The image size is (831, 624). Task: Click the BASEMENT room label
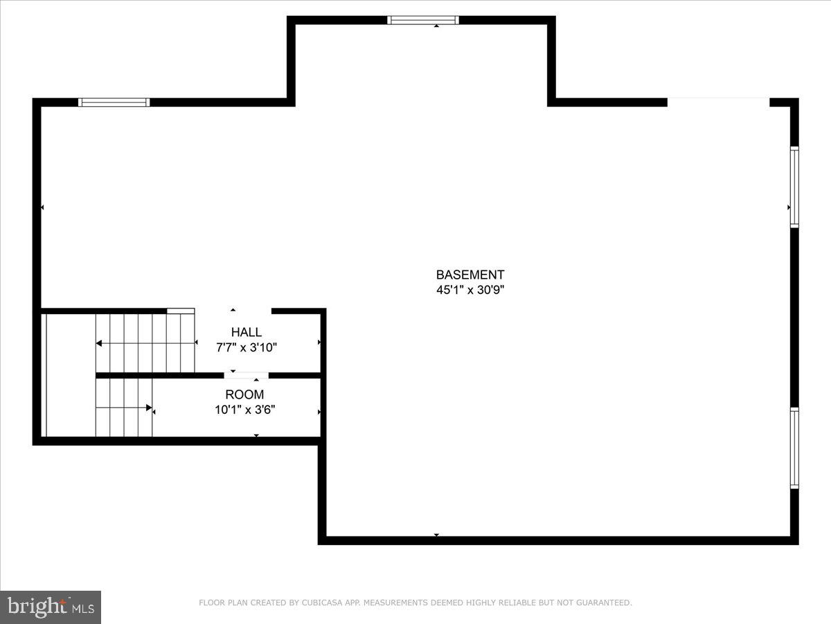470,275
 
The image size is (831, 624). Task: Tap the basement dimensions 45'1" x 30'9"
470,291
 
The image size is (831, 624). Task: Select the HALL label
247,333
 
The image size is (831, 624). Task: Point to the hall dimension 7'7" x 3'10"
247,347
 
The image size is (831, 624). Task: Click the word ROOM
244,395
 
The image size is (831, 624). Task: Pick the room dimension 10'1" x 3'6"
244,410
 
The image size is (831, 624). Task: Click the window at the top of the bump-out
422,20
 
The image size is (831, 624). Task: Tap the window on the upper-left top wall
114,103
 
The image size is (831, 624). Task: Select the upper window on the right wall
794,187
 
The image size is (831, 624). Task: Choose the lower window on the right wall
794,448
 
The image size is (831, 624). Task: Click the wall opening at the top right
718,102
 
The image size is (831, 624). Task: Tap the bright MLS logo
51,607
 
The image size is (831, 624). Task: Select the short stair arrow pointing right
125,408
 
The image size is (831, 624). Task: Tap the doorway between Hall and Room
246,376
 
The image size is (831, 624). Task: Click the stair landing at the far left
69,375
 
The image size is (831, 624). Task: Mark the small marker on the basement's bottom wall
436,535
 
